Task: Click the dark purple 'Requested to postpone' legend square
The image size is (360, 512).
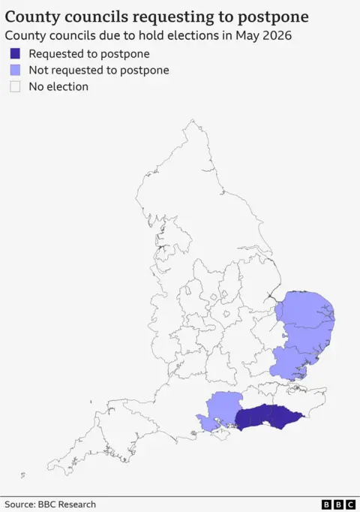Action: [x=15, y=54]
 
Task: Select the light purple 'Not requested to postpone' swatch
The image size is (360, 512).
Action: [x=15, y=71]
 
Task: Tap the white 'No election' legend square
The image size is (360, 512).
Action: [x=15, y=87]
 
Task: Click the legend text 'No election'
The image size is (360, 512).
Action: [x=58, y=87]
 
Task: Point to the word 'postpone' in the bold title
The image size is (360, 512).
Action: [x=269, y=16]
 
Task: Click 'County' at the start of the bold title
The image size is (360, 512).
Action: [x=31, y=16]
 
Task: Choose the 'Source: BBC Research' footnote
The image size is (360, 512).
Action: [x=50, y=504]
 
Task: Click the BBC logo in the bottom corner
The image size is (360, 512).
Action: [x=338, y=504]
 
